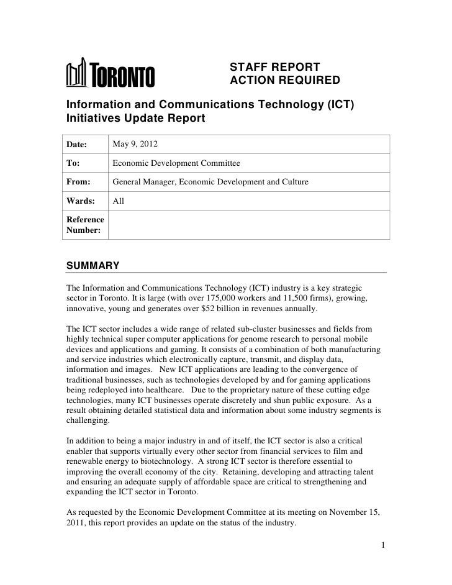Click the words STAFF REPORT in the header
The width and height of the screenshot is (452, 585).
click(274, 67)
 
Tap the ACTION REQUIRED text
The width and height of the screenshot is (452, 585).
click(285, 81)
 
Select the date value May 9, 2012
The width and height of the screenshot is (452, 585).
click(135, 145)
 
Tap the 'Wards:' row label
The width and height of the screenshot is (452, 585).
click(81, 201)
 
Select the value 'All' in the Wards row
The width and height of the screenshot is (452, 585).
click(119, 201)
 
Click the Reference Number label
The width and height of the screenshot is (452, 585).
click(86, 224)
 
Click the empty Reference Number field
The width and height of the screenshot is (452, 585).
click(248, 224)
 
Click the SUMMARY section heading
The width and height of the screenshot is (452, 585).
click(93, 266)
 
